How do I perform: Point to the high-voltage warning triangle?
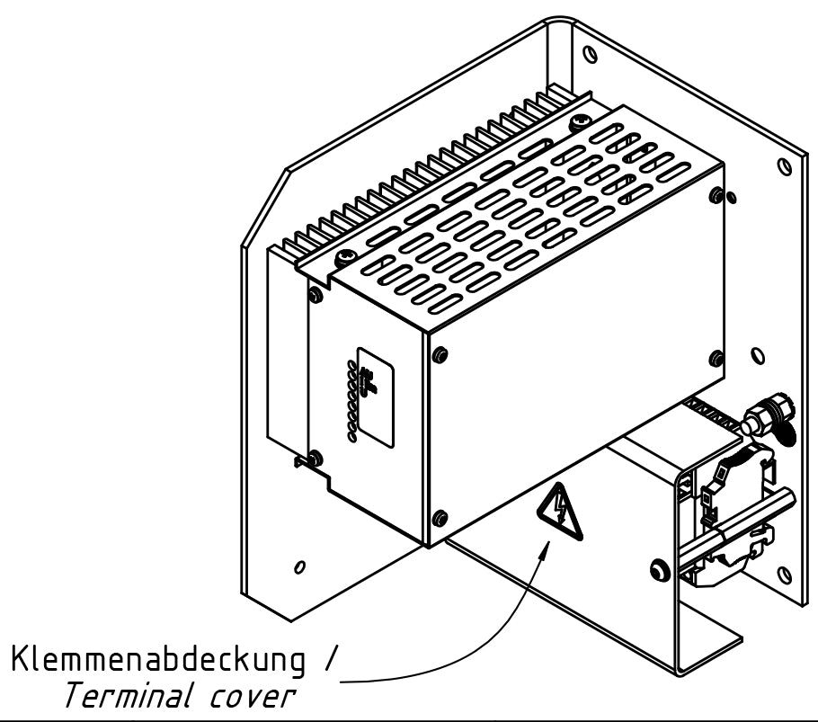coord(559,513)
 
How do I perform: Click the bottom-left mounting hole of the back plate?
coord(298,567)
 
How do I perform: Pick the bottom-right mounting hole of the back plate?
coord(787,572)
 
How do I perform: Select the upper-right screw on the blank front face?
coord(715,195)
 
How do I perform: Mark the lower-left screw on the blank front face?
coord(438,517)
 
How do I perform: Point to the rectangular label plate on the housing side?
coord(374,397)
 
